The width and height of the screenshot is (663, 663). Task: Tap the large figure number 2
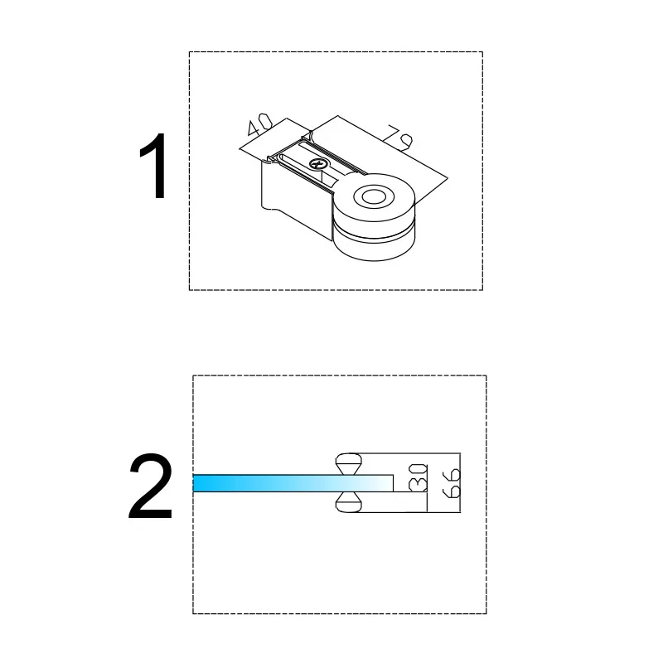[x=150, y=486]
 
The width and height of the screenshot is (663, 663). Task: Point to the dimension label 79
[x=399, y=137]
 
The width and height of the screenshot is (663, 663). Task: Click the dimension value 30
[x=419, y=477]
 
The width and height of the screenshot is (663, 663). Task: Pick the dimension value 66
[x=451, y=483]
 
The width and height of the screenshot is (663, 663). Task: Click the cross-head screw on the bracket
[x=318, y=163]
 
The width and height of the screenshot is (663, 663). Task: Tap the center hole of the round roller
[x=374, y=197]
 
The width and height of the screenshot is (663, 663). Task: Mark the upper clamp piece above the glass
[x=348, y=464]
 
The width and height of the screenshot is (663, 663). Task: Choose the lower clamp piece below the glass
[x=348, y=502]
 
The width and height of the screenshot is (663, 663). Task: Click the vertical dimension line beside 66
[x=460, y=483]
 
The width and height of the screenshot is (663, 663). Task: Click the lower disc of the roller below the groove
[x=375, y=247]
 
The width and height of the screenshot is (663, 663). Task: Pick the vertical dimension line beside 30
[x=428, y=483]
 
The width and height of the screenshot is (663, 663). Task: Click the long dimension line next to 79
[x=393, y=147]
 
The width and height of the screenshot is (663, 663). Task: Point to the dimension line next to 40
[x=263, y=133]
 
